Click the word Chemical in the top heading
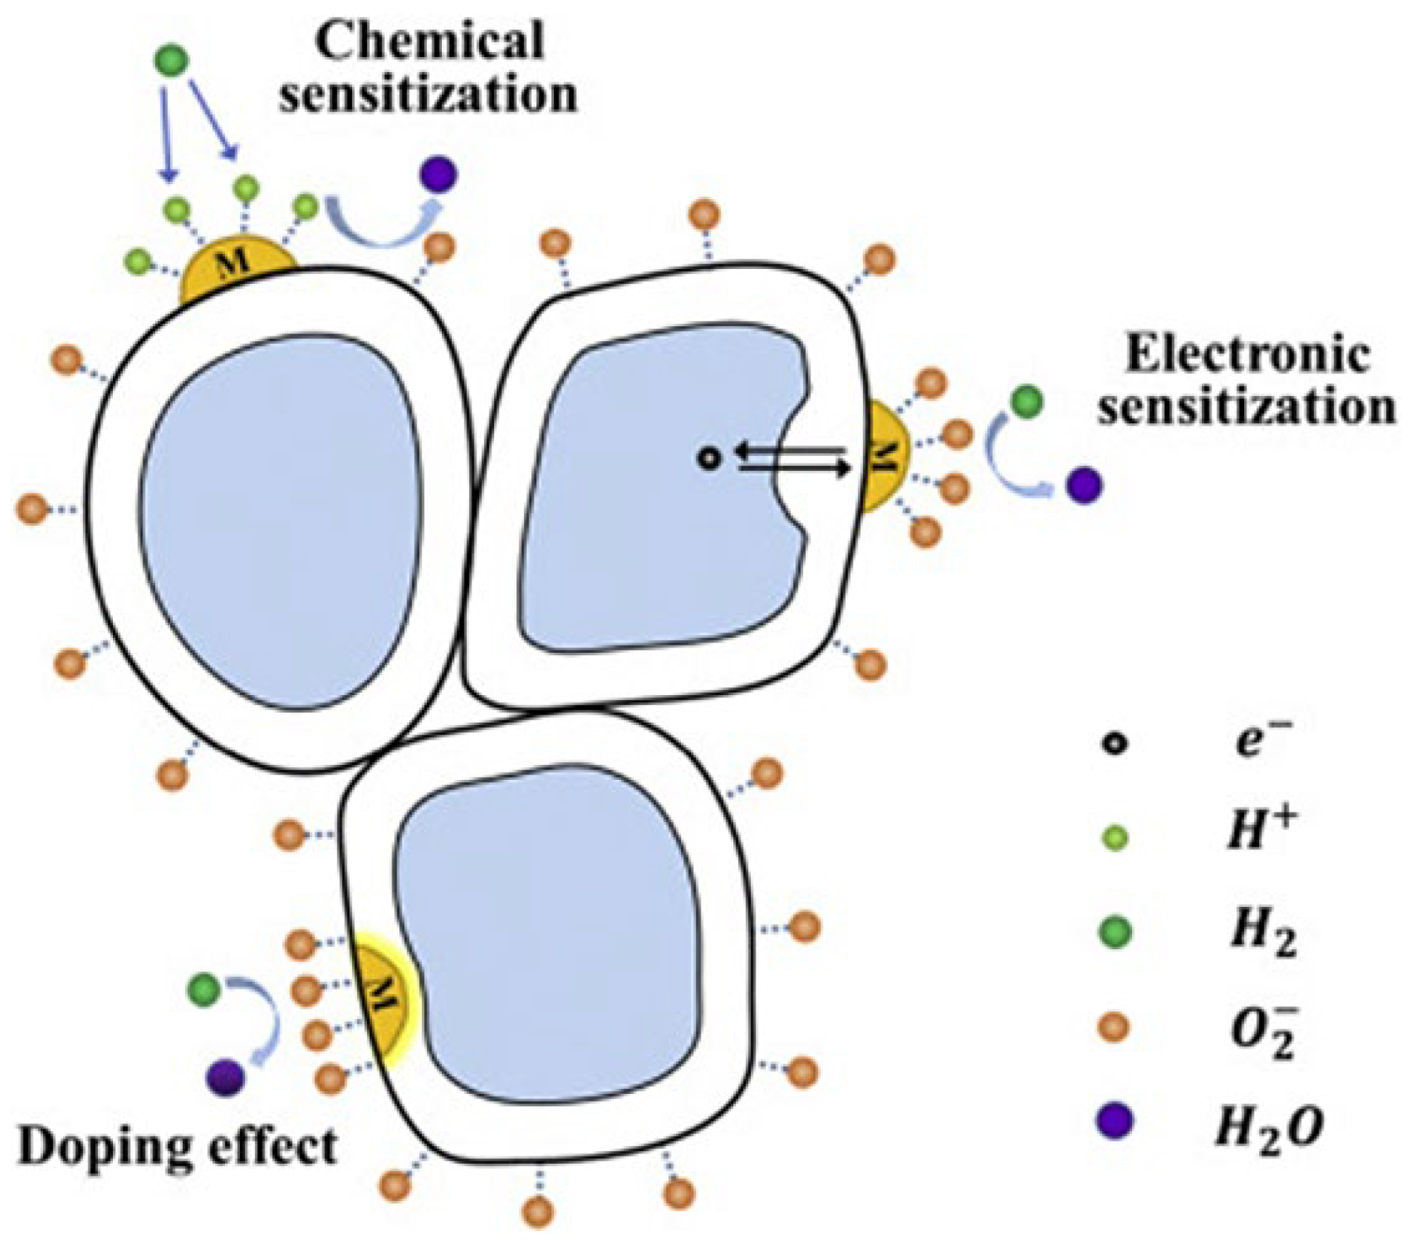(x=429, y=41)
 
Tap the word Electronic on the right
(x=1247, y=354)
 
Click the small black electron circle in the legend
(x=1114, y=744)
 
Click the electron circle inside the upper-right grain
(x=709, y=459)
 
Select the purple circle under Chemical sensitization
(x=439, y=175)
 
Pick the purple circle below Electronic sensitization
(x=1084, y=485)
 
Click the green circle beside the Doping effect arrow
(x=204, y=989)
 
